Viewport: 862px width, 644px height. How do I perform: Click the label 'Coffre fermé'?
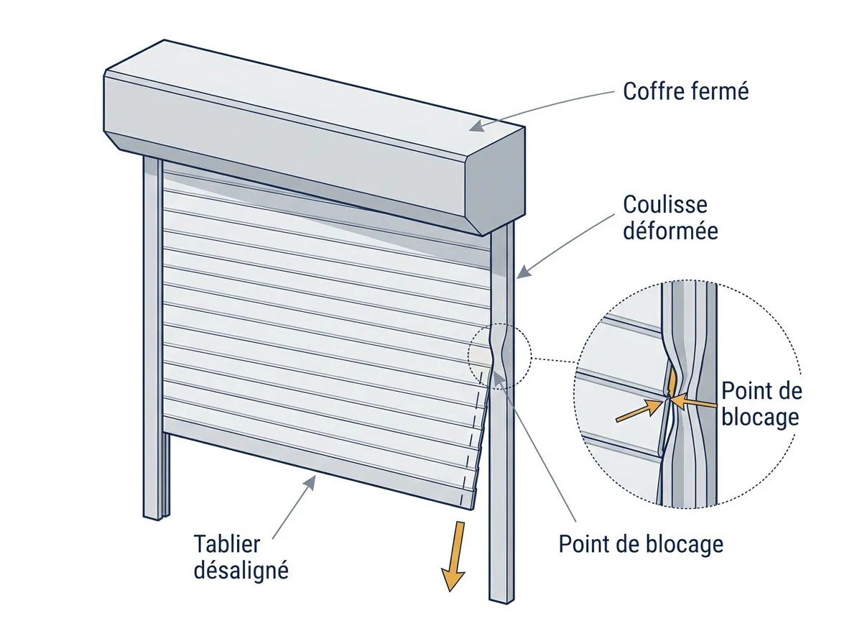(686, 91)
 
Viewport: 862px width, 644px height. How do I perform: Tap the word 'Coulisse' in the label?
(665, 204)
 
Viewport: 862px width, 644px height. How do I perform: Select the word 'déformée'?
(670, 230)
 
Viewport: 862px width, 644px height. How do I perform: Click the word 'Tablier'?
(226, 544)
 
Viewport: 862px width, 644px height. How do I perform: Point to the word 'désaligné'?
(241, 571)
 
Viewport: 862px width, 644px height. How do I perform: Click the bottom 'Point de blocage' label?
(641, 544)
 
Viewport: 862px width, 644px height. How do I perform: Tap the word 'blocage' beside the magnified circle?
(760, 417)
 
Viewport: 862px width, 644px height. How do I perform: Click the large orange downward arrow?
(455, 555)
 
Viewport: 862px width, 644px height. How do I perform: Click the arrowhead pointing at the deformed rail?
(523, 272)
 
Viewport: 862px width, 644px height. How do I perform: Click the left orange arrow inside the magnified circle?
(639, 410)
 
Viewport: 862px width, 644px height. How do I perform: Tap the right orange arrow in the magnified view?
(693, 402)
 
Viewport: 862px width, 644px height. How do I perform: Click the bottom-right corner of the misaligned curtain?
(472, 510)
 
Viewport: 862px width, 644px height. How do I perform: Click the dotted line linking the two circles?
(554, 360)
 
